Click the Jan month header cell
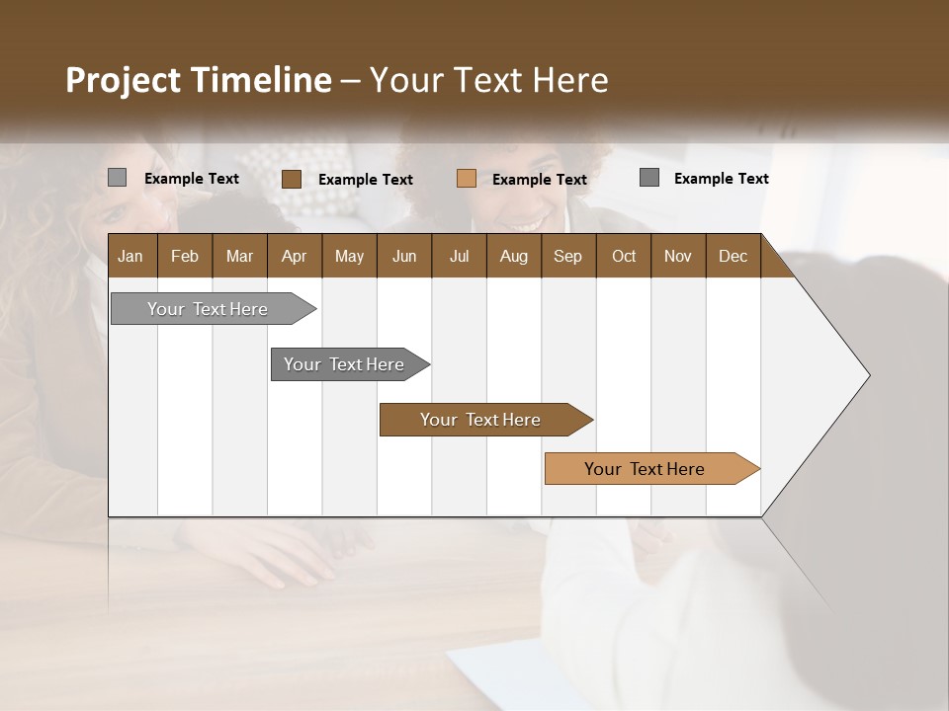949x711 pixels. (131, 256)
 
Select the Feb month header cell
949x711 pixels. (185, 256)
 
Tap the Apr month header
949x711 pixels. (295, 256)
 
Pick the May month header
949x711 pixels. (349, 256)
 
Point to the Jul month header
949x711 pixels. (459, 256)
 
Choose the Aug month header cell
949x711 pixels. (514, 256)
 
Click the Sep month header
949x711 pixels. (568, 256)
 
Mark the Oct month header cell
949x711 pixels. (624, 256)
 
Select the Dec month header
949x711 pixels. (733, 256)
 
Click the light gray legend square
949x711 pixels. (117, 178)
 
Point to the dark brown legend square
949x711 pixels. (292, 179)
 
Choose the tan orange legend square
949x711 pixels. (467, 179)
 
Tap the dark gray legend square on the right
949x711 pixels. (649, 178)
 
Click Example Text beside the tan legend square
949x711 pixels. (539, 180)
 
